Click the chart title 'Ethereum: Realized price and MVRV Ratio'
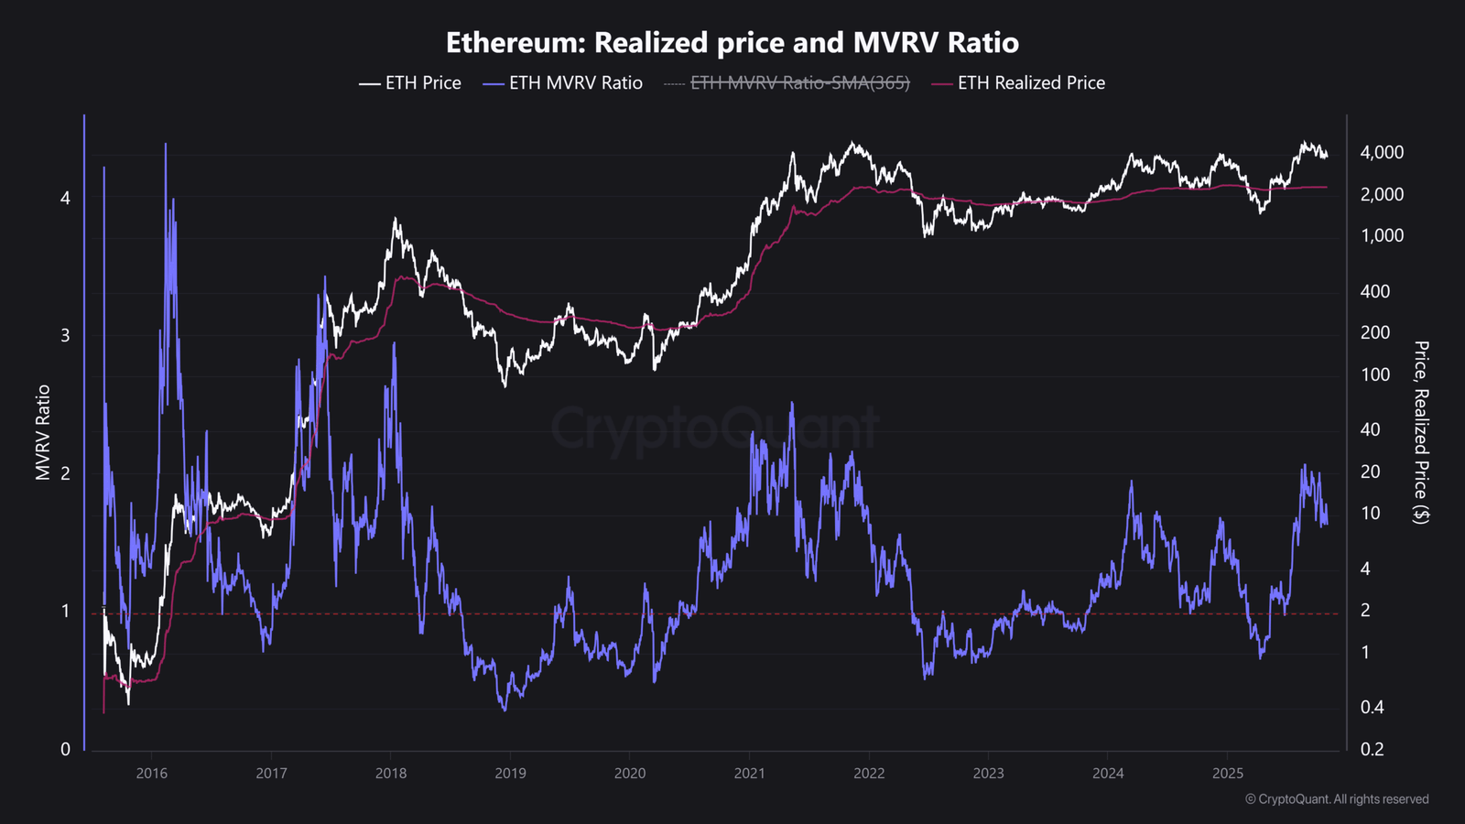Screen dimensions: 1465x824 pyautogui.click(x=732, y=42)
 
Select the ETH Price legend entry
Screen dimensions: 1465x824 pyautogui.click(x=410, y=83)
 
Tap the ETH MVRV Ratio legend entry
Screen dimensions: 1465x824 pyautogui.click(x=562, y=83)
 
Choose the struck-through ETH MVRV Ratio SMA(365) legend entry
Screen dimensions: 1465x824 pyautogui.click(x=787, y=83)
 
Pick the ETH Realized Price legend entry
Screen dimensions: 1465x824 pyautogui.click(x=1018, y=83)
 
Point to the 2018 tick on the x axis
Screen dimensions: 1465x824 pyautogui.click(x=390, y=774)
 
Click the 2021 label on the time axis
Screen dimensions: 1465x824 pyautogui.click(x=749, y=774)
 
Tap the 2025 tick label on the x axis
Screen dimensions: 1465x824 pyautogui.click(x=1228, y=774)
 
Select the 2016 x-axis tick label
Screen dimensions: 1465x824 pyautogui.click(x=151, y=774)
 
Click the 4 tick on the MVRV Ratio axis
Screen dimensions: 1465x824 pyautogui.click(x=65, y=198)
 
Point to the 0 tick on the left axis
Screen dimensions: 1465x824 pyautogui.click(x=65, y=750)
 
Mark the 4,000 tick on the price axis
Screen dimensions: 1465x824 pyautogui.click(x=1382, y=152)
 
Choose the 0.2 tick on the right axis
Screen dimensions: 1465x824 pyautogui.click(x=1372, y=750)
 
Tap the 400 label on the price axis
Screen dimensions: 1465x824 pyautogui.click(x=1374, y=292)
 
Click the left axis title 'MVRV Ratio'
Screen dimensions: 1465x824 pyautogui.click(x=42, y=432)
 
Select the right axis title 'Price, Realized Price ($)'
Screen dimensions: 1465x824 pyautogui.click(x=1420, y=432)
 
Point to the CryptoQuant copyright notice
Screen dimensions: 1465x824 pyautogui.click(x=1337, y=799)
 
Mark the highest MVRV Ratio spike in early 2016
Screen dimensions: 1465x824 pyautogui.click(x=166, y=144)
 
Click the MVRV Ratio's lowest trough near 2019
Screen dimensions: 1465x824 pyautogui.click(x=505, y=710)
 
